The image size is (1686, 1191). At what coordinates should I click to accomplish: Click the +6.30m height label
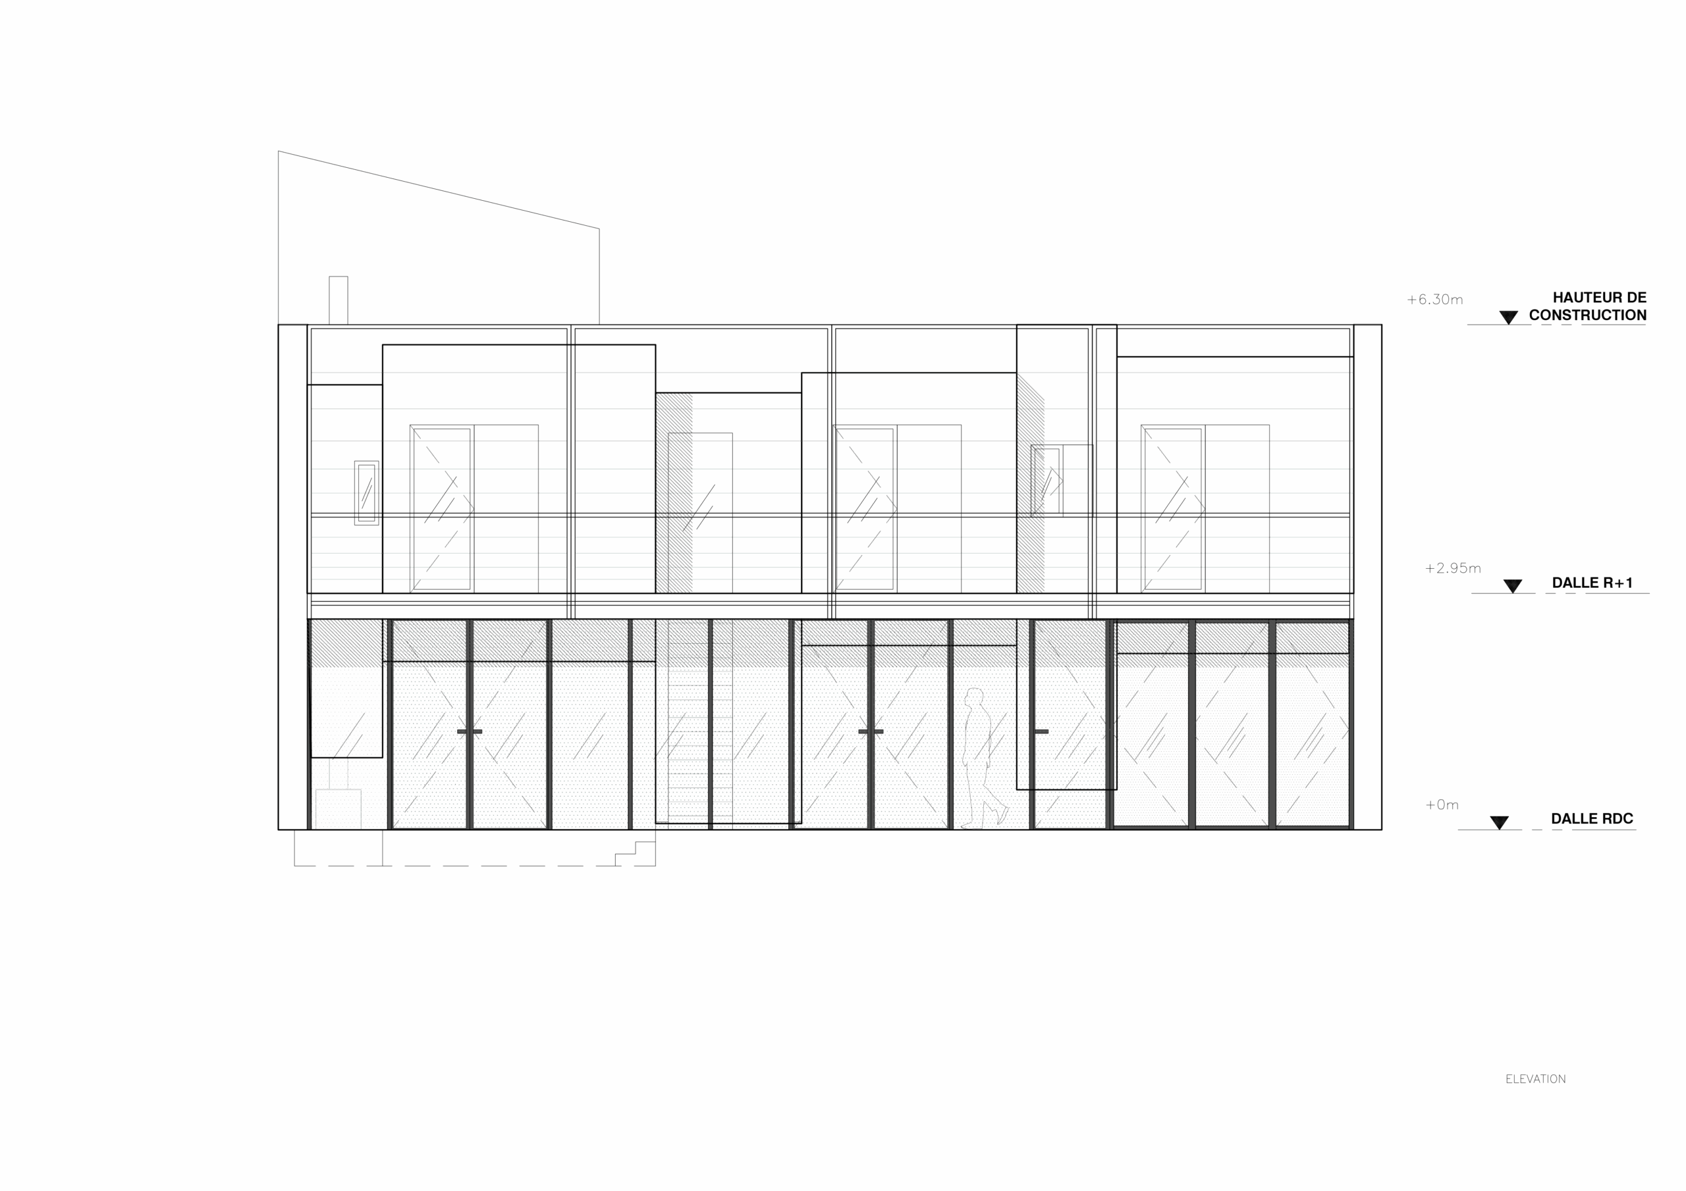click(x=1434, y=300)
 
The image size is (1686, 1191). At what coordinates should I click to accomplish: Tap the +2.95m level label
click(x=1452, y=568)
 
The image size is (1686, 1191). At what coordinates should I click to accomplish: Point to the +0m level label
click(x=1442, y=805)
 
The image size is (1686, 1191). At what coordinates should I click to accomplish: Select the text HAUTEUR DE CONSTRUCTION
click(x=1589, y=307)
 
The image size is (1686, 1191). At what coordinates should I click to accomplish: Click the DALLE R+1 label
click(x=1592, y=583)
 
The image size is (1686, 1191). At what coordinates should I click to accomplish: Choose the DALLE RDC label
click(x=1592, y=819)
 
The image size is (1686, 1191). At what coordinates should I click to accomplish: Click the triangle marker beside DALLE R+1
click(x=1513, y=586)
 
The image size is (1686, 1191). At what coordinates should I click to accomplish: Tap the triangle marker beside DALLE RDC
click(x=1499, y=822)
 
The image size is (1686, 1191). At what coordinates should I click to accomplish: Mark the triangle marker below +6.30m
click(x=1508, y=317)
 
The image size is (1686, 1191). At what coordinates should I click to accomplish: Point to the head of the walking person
click(x=975, y=696)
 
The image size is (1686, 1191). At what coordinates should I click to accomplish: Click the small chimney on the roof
click(x=338, y=299)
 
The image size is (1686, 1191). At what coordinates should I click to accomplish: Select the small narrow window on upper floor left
click(x=365, y=492)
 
